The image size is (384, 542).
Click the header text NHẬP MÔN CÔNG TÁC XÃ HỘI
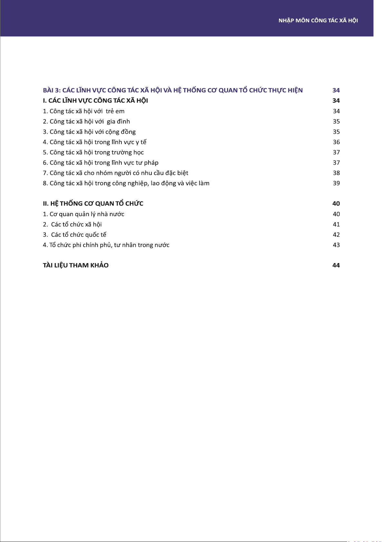(x=318, y=21)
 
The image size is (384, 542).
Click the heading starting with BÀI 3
(x=173, y=90)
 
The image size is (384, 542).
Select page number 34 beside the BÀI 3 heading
(x=336, y=90)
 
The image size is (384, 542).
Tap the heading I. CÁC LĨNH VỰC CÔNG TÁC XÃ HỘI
(x=95, y=101)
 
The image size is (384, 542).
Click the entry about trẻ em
(x=84, y=111)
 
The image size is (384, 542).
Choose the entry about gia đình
(x=86, y=122)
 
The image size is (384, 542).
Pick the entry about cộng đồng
(x=89, y=132)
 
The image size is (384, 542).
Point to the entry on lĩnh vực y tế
(x=95, y=142)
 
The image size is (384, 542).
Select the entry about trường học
(x=93, y=152)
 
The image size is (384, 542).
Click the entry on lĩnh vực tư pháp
(x=101, y=163)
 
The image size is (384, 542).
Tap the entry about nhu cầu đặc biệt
(x=116, y=173)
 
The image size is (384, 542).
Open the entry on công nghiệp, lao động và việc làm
(x=126, y=183)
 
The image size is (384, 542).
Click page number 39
(x=336, y=183)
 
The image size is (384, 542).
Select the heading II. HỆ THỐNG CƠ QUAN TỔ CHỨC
(x=93, y=204)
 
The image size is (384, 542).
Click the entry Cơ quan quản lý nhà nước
(x=84, y=214)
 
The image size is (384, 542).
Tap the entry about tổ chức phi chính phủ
(x=106, y=245)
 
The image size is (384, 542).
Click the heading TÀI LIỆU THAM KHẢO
(x=76, y=265)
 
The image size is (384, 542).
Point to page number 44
(x=336, y=265)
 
